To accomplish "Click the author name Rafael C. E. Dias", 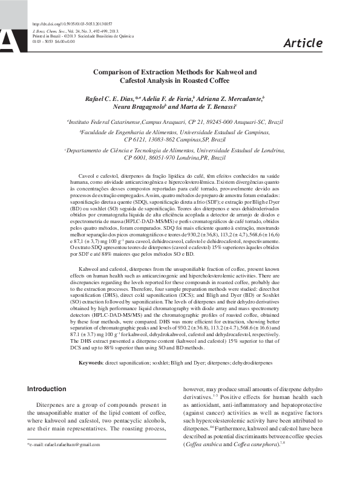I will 113,99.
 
